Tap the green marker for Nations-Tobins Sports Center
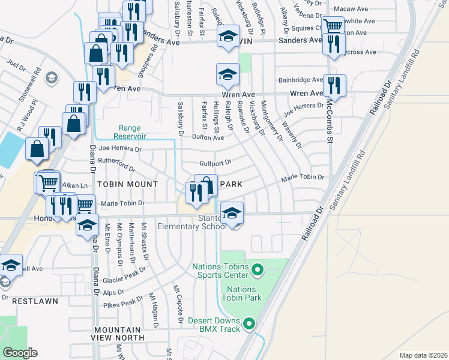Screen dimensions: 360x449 258,271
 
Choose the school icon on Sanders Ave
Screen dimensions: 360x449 228,36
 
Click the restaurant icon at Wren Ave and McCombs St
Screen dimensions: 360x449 333,85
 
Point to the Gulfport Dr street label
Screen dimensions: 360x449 215,163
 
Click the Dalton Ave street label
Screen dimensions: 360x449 208,137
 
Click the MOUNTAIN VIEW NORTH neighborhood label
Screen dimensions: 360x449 117,334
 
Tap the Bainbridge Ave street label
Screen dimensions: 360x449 301,80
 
